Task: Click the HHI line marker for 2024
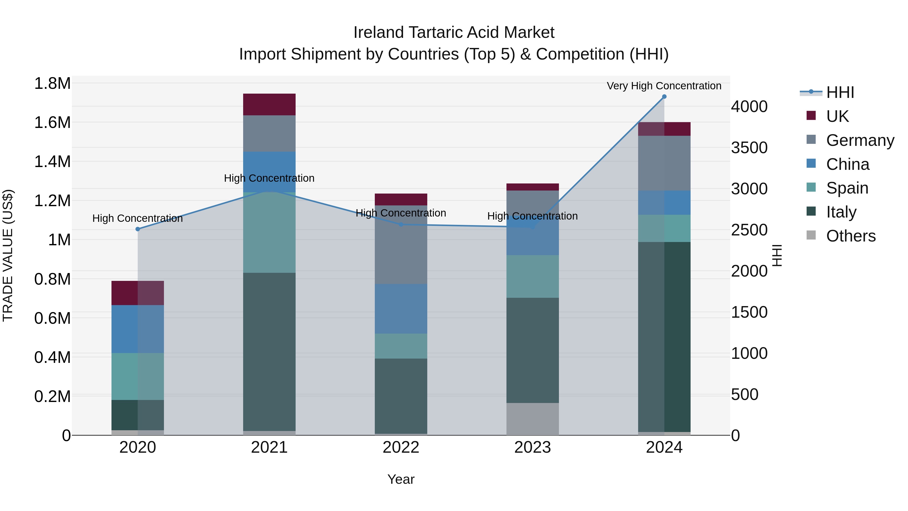pos(664,97)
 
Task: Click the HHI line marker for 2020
pos(138,229)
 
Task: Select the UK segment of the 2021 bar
pos(269,104)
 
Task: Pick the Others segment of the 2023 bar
pos(533,419)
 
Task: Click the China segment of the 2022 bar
pos(401,309)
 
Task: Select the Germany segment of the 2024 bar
pos(664,163)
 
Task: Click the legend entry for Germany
pos(860,140)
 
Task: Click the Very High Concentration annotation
pos(664,86)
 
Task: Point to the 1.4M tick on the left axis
pos(52,162)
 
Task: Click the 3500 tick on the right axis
pos(749,148)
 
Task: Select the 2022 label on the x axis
pos(401,447)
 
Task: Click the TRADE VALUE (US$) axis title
pos(8,255)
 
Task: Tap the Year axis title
pos(401,479)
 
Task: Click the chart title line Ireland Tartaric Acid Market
pos(454,33)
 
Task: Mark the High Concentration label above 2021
pos(269,178)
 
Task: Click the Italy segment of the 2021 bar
pos(269,351)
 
